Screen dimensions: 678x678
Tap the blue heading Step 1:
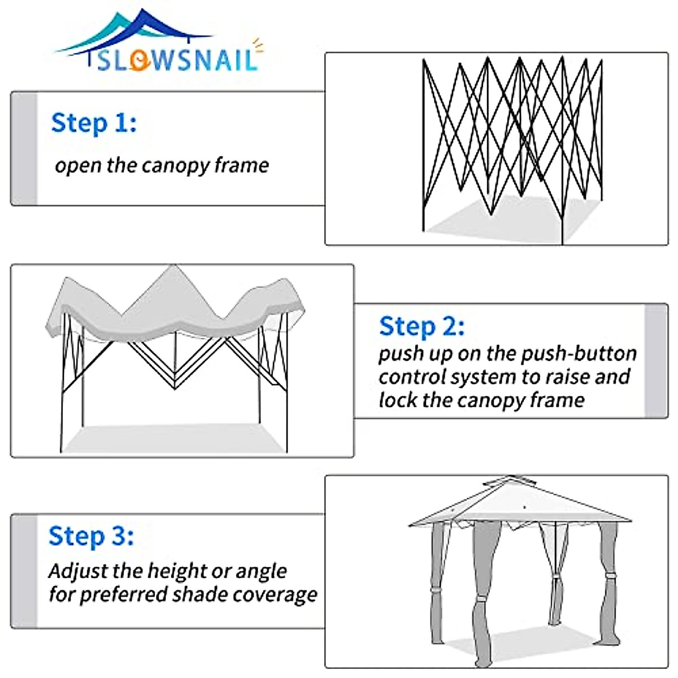(x=94, y=123)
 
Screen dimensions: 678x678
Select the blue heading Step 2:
(x=422, y=327)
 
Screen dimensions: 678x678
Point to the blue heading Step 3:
(x=91, y=536)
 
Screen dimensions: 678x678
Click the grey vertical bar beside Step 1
(x=24, y=149)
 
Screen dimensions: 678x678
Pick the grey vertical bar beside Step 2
(x=656, y=360)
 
